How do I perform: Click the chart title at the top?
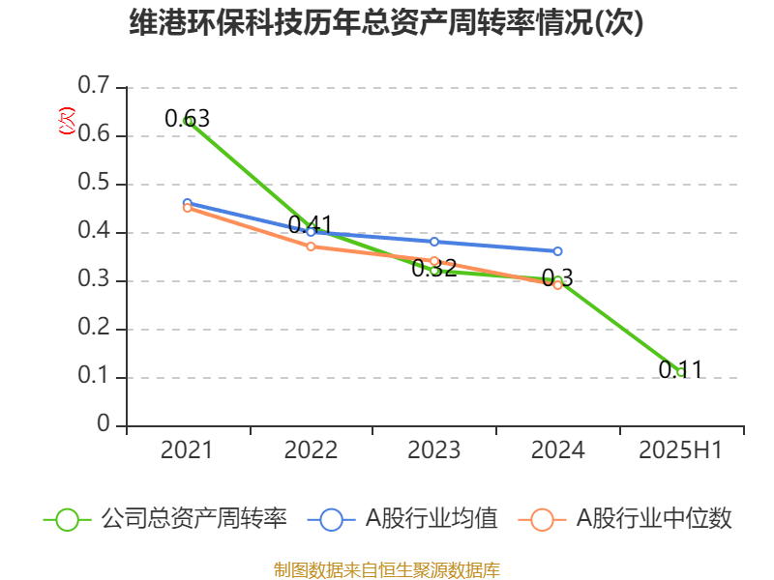(x=386, y=23)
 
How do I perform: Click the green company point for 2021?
(x=188, y=121)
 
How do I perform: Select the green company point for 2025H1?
(x=681, y=372)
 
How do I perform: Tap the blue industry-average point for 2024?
(x=558, y=251)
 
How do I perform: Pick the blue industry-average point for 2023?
(x=434, y=242)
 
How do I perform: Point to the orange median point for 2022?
(x=311, y=246)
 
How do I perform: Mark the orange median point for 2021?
(x=188, y=207)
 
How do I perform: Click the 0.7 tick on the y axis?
(x=94, y=87)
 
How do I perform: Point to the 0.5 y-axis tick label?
(x=94, y=184)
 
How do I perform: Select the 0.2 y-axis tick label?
(x=94, y=329)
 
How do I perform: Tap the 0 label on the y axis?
(x=104, y=425)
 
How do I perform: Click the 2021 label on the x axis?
(x=187, y=450)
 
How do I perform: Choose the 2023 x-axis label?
(x=434, y=450)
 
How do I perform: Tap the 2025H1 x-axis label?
(x=681, y=450)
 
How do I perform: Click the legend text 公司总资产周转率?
(x=194, y=519)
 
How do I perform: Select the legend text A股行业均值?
(x=432, y=519)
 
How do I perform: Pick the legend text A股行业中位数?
(x=655, y=519)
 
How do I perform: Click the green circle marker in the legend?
(x=67, y=519)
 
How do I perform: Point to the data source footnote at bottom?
(x=386, y=569)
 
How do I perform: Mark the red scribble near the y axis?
(x=66, y=121)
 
